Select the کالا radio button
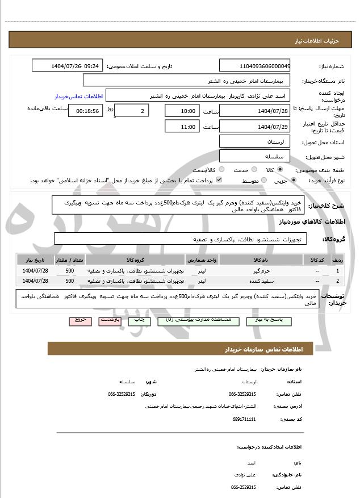pyautogui.click(x=279, y=170)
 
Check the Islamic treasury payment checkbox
pyautogui.click(x=219, y=181)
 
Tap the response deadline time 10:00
pyautogui.click(x=182, y=111)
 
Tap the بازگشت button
pyautogui.click(x=110, y=320)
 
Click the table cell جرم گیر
pyautogui.click(x=261, y=271)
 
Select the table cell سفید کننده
pyautogui.click(x=261, y=281)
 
